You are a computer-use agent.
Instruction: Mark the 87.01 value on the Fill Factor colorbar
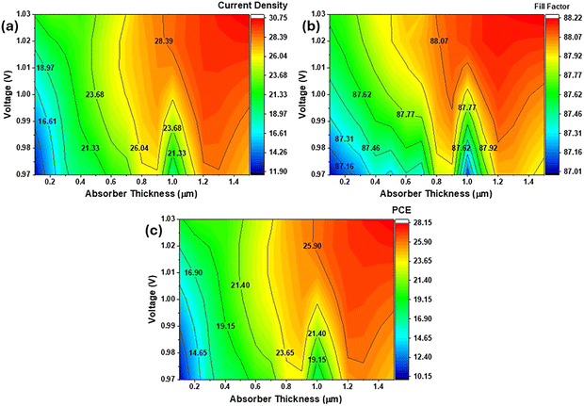(566, 173)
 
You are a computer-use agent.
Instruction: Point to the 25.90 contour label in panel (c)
(313, 245)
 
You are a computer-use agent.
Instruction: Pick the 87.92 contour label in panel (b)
(488, 148)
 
